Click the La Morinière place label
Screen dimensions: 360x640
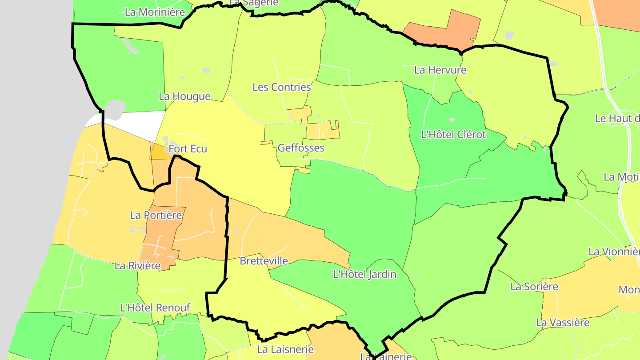155,12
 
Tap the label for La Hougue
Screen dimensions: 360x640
184,96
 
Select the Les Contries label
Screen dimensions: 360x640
281,87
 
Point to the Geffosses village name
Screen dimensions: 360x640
301,148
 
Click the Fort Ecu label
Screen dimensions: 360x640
188,149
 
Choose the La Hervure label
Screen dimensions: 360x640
440,70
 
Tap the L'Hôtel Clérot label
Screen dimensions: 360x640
453,135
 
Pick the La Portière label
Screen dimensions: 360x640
156,215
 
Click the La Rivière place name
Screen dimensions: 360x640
137,266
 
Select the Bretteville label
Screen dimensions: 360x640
264,261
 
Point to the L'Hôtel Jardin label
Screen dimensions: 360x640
364,274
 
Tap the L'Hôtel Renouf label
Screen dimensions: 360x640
155,308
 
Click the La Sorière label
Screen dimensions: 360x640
534,287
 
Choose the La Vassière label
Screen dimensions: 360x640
563,323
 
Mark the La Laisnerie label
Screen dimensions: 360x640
285,349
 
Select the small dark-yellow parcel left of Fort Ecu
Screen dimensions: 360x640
158,152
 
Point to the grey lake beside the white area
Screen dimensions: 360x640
115,109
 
